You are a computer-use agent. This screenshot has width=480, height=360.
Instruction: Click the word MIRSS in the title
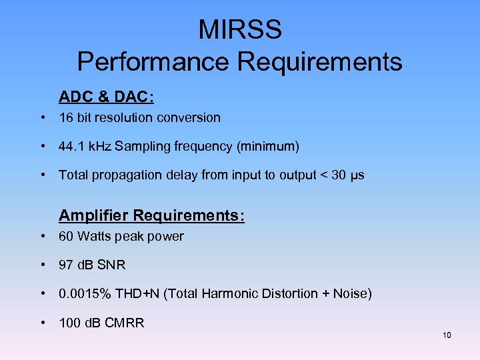pos(240,30)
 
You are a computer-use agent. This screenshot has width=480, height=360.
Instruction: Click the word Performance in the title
pos(154,61)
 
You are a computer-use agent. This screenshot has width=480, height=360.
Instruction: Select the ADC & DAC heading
pos(107,97)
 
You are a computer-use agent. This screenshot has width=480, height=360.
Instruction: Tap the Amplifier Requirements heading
pos(152,216)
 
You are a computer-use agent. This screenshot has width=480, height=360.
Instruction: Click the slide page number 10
pos(447,335)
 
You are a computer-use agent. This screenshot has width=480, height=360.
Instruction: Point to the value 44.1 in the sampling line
pos(70,146)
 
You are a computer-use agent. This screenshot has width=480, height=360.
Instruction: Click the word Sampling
pos(139,146)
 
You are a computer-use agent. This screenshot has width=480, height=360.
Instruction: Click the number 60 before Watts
pos(66,236)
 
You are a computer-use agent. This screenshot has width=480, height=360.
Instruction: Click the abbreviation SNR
pos(112,265)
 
